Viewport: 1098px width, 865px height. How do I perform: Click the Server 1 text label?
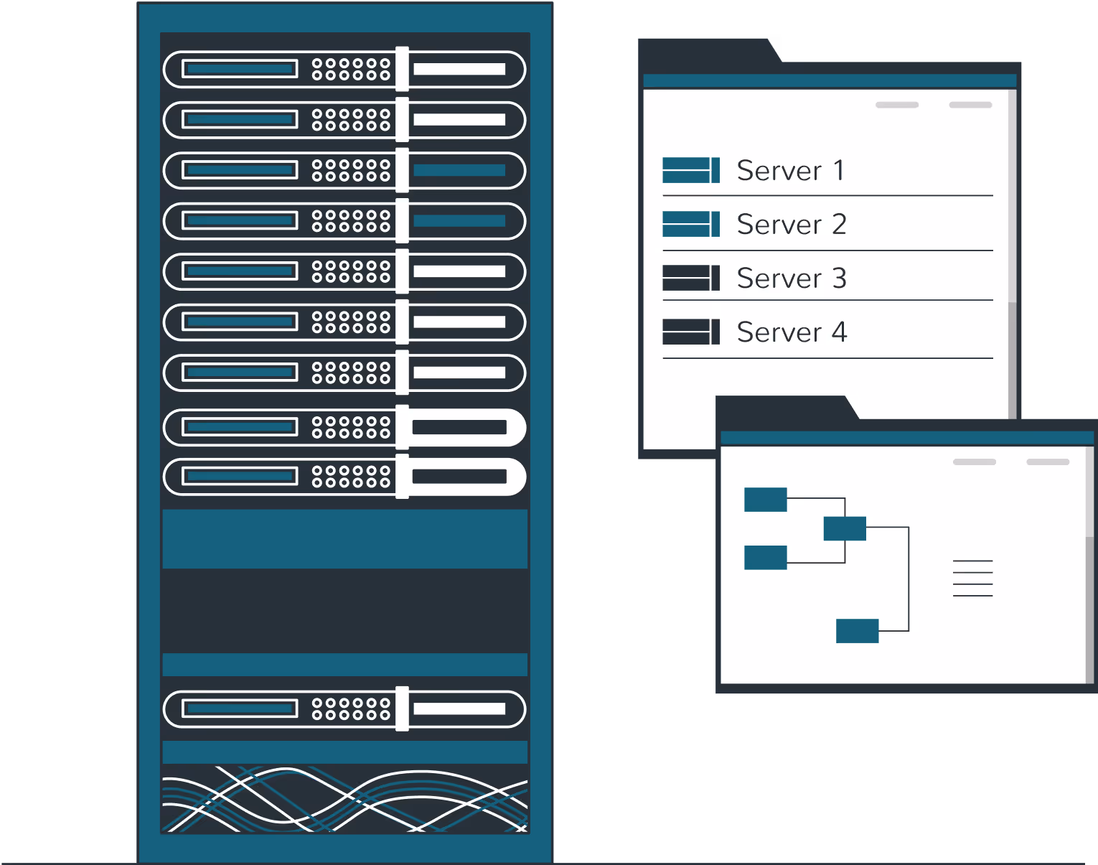790,171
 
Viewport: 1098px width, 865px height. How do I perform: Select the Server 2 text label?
792,225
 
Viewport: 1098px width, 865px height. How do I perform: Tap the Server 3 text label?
792,279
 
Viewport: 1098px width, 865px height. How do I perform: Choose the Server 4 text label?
792,332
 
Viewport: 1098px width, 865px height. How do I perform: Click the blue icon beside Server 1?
691,170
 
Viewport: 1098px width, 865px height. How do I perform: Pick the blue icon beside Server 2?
691,224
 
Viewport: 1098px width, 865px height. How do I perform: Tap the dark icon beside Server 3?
691,278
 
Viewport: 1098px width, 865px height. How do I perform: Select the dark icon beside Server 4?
691,332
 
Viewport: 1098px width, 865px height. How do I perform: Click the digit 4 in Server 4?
840,332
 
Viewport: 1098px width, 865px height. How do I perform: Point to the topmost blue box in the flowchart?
766,500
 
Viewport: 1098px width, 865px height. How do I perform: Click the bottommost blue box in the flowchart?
858,631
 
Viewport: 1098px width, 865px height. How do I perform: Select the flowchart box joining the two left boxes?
845,528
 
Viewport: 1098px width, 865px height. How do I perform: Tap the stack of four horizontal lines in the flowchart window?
972,579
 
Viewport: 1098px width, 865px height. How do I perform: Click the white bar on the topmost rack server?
459,69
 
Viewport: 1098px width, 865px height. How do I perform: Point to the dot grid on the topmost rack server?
351,69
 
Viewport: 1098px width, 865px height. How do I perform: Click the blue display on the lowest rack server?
239,709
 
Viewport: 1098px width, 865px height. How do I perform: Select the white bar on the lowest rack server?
459,709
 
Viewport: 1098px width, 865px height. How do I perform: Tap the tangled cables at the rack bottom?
345,799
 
